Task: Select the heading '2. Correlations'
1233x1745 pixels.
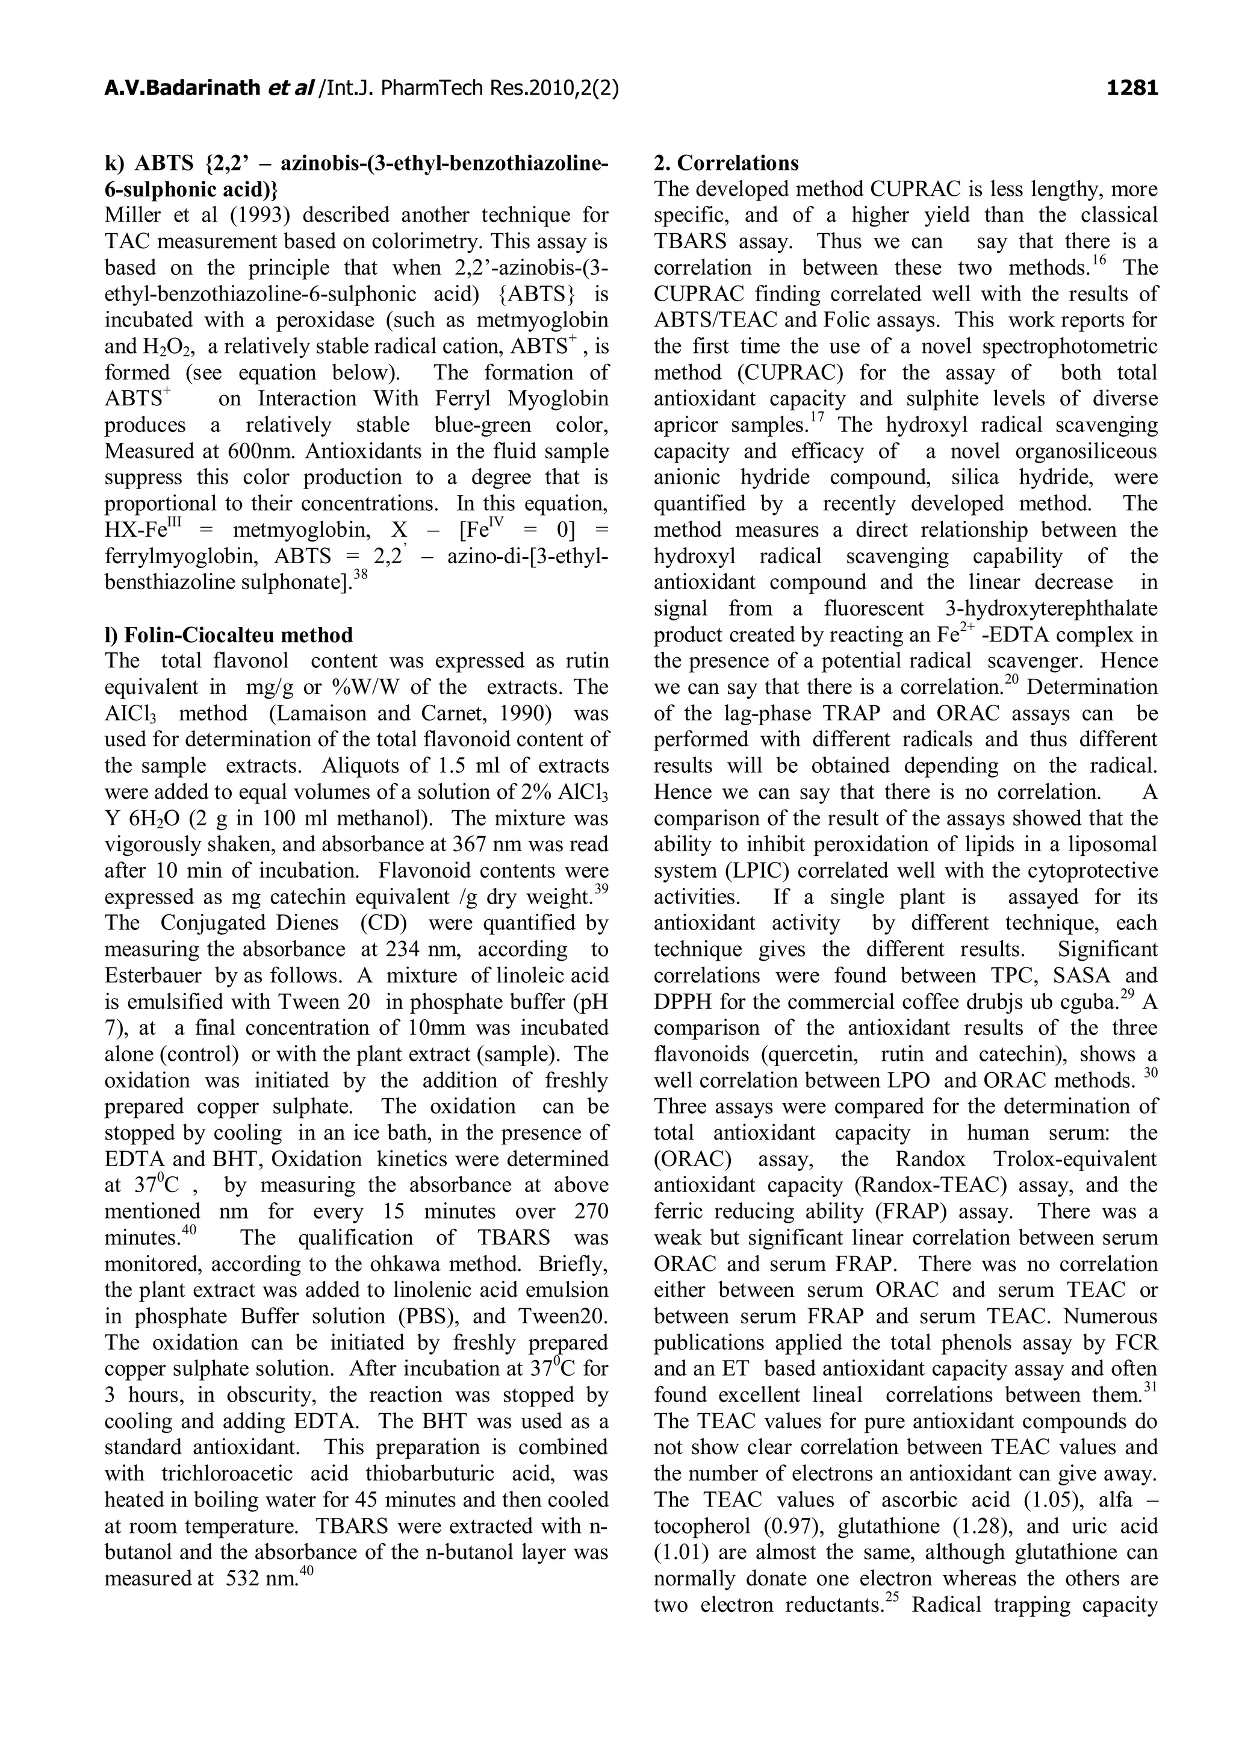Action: [725, 163]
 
